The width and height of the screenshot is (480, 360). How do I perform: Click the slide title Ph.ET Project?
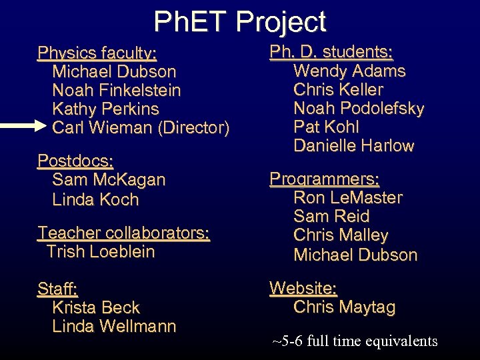(240, 22)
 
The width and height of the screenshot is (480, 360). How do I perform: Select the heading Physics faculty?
(97, 53)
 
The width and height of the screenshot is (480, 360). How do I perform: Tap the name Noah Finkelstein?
(116, 90)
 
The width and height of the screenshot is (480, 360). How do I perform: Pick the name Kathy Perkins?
(105, 109)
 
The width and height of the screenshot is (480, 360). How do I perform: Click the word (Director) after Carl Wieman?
(193, 127)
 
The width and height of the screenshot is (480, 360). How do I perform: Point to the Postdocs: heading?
(75, 161)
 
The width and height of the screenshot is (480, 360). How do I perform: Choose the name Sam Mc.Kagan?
(109, 179)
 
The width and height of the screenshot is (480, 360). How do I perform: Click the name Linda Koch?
(95, 199)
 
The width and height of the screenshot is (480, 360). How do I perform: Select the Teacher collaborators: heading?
(123, 233)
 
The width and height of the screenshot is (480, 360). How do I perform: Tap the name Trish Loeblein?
(101, 251)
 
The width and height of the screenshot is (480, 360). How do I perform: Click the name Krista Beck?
(96, 307)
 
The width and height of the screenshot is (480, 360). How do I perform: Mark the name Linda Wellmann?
(114, 326)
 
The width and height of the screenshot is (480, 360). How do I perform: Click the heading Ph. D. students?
(331, 52)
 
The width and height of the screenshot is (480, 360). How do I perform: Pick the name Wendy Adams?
(349, 71)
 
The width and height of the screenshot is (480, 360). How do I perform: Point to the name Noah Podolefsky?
(359, 108)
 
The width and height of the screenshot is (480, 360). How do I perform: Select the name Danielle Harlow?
(353, 145)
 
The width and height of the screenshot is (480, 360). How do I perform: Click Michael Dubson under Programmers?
(355, 255)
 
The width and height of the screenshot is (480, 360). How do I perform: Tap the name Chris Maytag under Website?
(344, 307)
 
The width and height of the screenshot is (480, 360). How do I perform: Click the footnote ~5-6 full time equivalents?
(355, 341)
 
